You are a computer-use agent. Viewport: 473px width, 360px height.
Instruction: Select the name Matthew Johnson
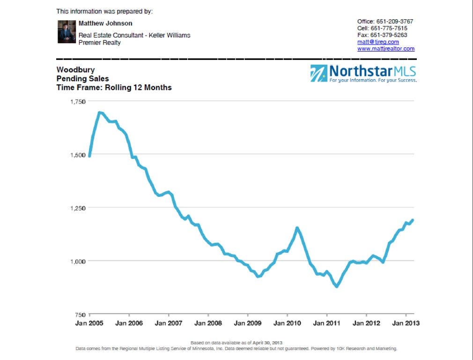[x=105, y=23]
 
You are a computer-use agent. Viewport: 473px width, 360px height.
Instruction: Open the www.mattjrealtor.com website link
[x=385, y=49]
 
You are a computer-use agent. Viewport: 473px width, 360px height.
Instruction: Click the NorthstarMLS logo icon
[x=318, y=74]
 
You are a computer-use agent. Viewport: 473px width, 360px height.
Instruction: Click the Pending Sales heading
[x=82, y=79]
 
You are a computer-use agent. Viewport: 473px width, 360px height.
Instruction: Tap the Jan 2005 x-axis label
[x=89, y=323]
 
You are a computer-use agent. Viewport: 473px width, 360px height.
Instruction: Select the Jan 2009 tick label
[x=248, y=323]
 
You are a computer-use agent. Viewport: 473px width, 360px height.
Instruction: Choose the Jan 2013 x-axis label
[x=406, y=323]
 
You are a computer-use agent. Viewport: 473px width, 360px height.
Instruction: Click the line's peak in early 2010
[x=297, y=228]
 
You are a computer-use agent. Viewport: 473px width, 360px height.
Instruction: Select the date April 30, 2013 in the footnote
[x=267, y=343]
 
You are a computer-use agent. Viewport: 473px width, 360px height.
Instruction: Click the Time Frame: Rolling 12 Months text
[x=114, y=88]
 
